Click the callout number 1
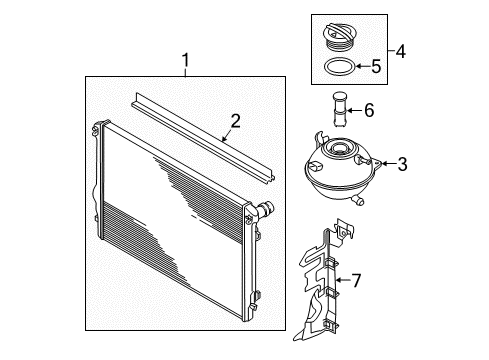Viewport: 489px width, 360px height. [185, 60]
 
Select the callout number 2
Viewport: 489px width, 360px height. [235, 121]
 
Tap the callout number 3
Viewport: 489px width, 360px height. [402, 164]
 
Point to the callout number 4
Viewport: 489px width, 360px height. [400, 52]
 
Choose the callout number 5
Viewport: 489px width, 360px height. [376, 66]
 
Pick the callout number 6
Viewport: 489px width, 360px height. [369, 110]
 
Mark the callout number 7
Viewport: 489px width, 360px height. [356, 280]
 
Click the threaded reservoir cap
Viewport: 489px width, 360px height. [338, 37]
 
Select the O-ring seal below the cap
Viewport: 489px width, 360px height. [339, 66]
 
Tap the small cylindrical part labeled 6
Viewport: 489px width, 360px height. [340, 109]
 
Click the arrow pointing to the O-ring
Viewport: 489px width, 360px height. [362, 66]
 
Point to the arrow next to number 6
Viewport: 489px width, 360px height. [355, 110]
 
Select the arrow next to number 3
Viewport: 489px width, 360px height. [388, 163]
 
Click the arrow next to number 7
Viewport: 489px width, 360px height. [343, 280]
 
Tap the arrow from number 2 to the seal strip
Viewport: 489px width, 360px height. [227, 136]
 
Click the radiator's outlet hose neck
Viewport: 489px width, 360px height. [265, 209]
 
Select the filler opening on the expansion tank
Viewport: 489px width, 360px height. [339, 147]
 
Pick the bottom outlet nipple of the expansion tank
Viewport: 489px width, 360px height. [358, 200]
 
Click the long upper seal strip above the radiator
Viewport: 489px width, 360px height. [203, 138]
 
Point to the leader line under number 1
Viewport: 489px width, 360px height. [185, 72]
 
